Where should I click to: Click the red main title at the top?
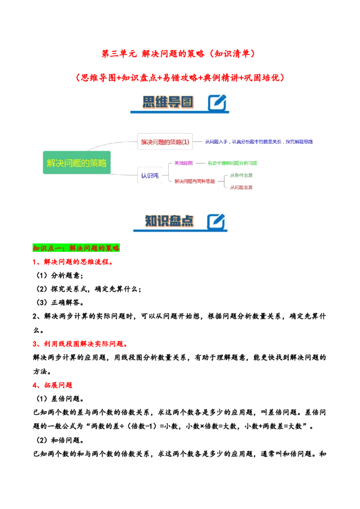(179, 54)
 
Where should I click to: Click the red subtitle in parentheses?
(180, 77)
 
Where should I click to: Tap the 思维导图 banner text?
(167, 102)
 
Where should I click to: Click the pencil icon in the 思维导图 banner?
(217, 103)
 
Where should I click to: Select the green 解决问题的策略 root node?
(76, 163)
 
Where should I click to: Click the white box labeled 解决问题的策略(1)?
(165, 142)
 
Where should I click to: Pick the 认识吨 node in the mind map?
(149, 176)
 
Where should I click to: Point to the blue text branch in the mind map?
(259, 142)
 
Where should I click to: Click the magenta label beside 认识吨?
(184, 163)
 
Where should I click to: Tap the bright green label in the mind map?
(232, 163)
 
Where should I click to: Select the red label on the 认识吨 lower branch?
(194, 182)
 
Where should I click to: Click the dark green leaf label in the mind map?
(241, 175)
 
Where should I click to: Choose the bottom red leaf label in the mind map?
(241, 187)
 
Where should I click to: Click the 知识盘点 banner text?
(169, 221)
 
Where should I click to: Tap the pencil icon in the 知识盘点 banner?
(216, 221)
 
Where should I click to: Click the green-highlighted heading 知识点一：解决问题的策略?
(76, 248)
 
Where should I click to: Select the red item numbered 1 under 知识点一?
(75, 263)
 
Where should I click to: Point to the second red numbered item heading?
(81, 344)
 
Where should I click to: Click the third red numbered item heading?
(54, 385)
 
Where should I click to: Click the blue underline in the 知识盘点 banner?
(180, 231)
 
